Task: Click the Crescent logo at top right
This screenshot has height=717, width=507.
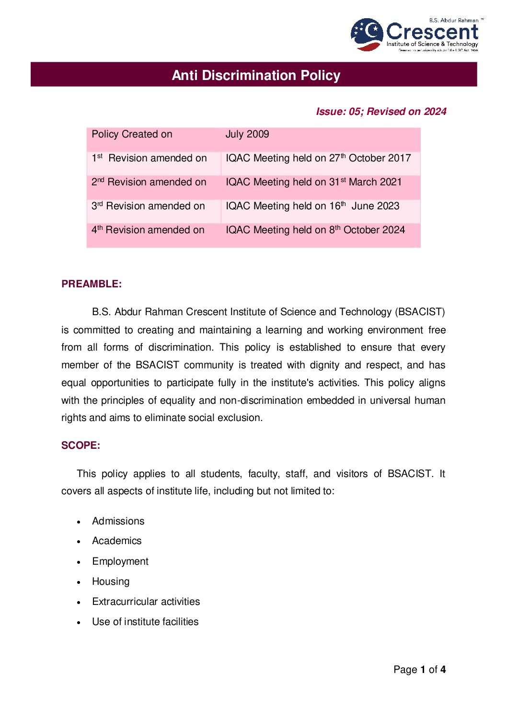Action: click(415, 34)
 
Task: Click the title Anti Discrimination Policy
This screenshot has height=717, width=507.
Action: click(256, 75)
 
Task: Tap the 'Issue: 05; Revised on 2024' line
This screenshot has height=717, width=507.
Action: click(381, 112)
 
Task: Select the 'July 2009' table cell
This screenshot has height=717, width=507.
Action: click(247, 134)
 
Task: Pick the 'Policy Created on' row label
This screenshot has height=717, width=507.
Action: click(132, 134)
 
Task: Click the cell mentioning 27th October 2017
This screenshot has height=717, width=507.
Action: click(318, 158)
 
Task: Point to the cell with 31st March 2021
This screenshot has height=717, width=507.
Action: click(313, 182)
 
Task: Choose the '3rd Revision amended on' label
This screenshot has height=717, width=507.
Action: click(148, 206)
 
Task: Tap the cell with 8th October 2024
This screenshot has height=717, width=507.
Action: click(315, 230)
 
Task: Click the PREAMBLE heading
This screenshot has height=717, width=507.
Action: click(92, 284)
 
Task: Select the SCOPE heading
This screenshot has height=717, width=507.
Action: click(81, 445)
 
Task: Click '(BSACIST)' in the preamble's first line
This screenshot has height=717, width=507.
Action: click(420, 312)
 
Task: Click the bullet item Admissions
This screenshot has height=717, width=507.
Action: click(118, 521)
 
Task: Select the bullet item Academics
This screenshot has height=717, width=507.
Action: click(117, 541)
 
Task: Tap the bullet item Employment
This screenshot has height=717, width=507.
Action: click(120, 561)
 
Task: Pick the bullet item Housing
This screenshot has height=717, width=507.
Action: click(111, 581)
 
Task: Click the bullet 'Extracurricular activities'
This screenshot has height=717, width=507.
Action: click(146, 602)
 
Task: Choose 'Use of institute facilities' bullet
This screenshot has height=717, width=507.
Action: click(145, 622)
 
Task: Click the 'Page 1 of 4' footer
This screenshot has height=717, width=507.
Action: click(419, 670)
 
